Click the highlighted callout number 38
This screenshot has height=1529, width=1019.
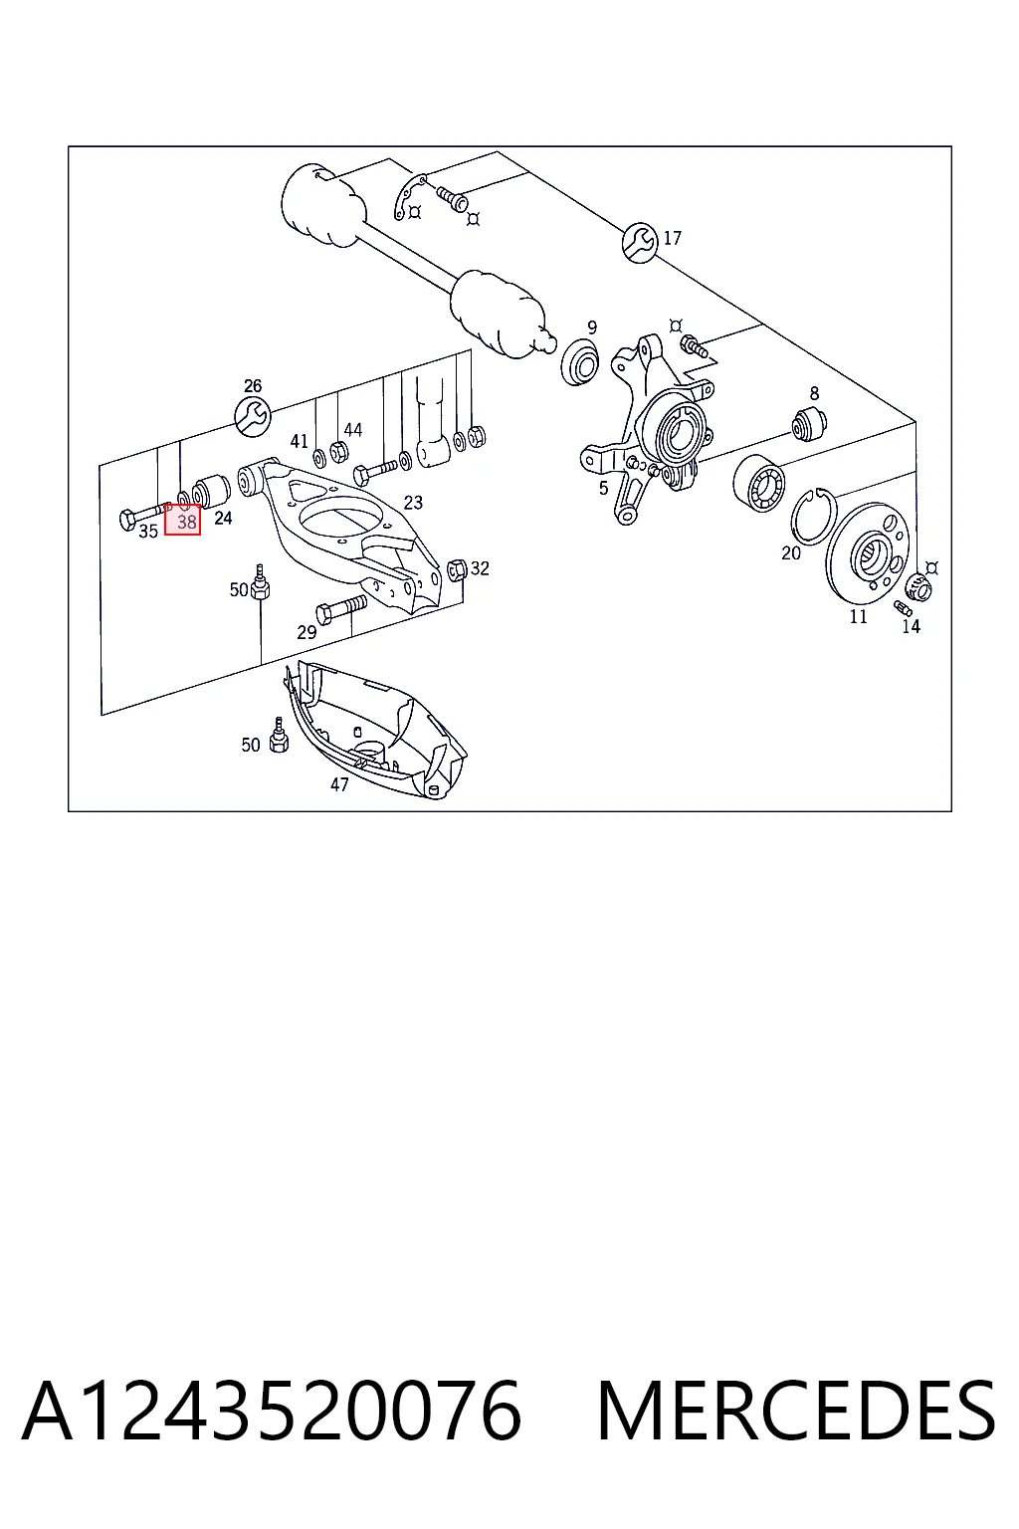[x=186, y=523]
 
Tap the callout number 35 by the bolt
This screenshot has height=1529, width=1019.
[x=148, y=531]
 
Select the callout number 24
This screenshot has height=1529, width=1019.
[x=223, y=518]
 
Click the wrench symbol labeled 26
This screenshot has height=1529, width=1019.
[x=253, y=416]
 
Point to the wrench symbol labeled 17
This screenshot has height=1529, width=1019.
[x=640, y=242]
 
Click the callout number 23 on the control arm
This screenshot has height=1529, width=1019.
[x=413, y=503]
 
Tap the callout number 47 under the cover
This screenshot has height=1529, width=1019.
[x=339, y=785]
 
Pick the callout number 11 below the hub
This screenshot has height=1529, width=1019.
[x=858, y=616]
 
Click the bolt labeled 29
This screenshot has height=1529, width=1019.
[x=341, y=608]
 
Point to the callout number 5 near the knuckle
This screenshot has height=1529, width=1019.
[x=603, y=488]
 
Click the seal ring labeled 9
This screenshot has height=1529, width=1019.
[x=580, y=361]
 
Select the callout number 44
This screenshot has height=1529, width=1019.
[x=353, y=430]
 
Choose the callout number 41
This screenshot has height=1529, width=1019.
[x=299, y=442]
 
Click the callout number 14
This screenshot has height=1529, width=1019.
[x=912, y=626]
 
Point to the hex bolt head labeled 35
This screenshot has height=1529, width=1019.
[x=128, y=521]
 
